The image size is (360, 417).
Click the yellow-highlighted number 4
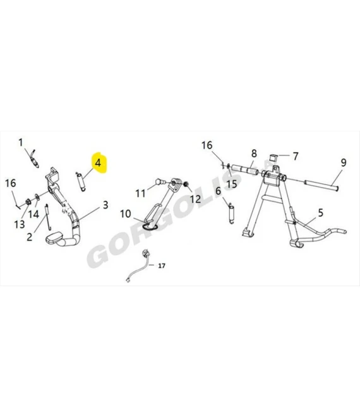pyautogui.click(x=98, y=163)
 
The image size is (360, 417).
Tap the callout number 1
pyautogui.click(x=21, y=143)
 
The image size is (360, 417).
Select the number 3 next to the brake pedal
pyautogui.click(x=105, y=205)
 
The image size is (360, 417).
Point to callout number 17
pyautogui.click(x=162, y=265)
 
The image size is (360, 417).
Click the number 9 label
pyautogui.click(x=344, y=162)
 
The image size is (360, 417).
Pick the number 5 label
pyautogui.click(x=321, y=213)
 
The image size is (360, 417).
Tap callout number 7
pyautogui.click(x=296, y=157)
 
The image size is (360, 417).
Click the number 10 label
pyautogui.click(x=126, y=214)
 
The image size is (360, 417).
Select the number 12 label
pyautogui.click(x=195, y=199)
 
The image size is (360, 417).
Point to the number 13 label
pyautogui.click(x=20, y=224)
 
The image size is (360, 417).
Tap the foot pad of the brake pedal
pyautogui.click(x=54, y=238)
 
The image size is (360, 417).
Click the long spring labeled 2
pyautogui.click(x=48, y=217)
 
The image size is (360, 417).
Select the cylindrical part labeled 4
pyautogui.click(x=81, y=182)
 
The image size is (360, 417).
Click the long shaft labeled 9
pyautogui.click(x=321, y=186)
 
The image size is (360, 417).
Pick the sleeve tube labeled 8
pyautogui.click(x=244, y=170)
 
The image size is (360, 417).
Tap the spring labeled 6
pyautogui.click(x=231, y=214)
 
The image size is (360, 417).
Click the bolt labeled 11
pyautogui.click(x=160, y=181)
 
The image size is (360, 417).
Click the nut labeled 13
pyautogui.click(x=28, y=202)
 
